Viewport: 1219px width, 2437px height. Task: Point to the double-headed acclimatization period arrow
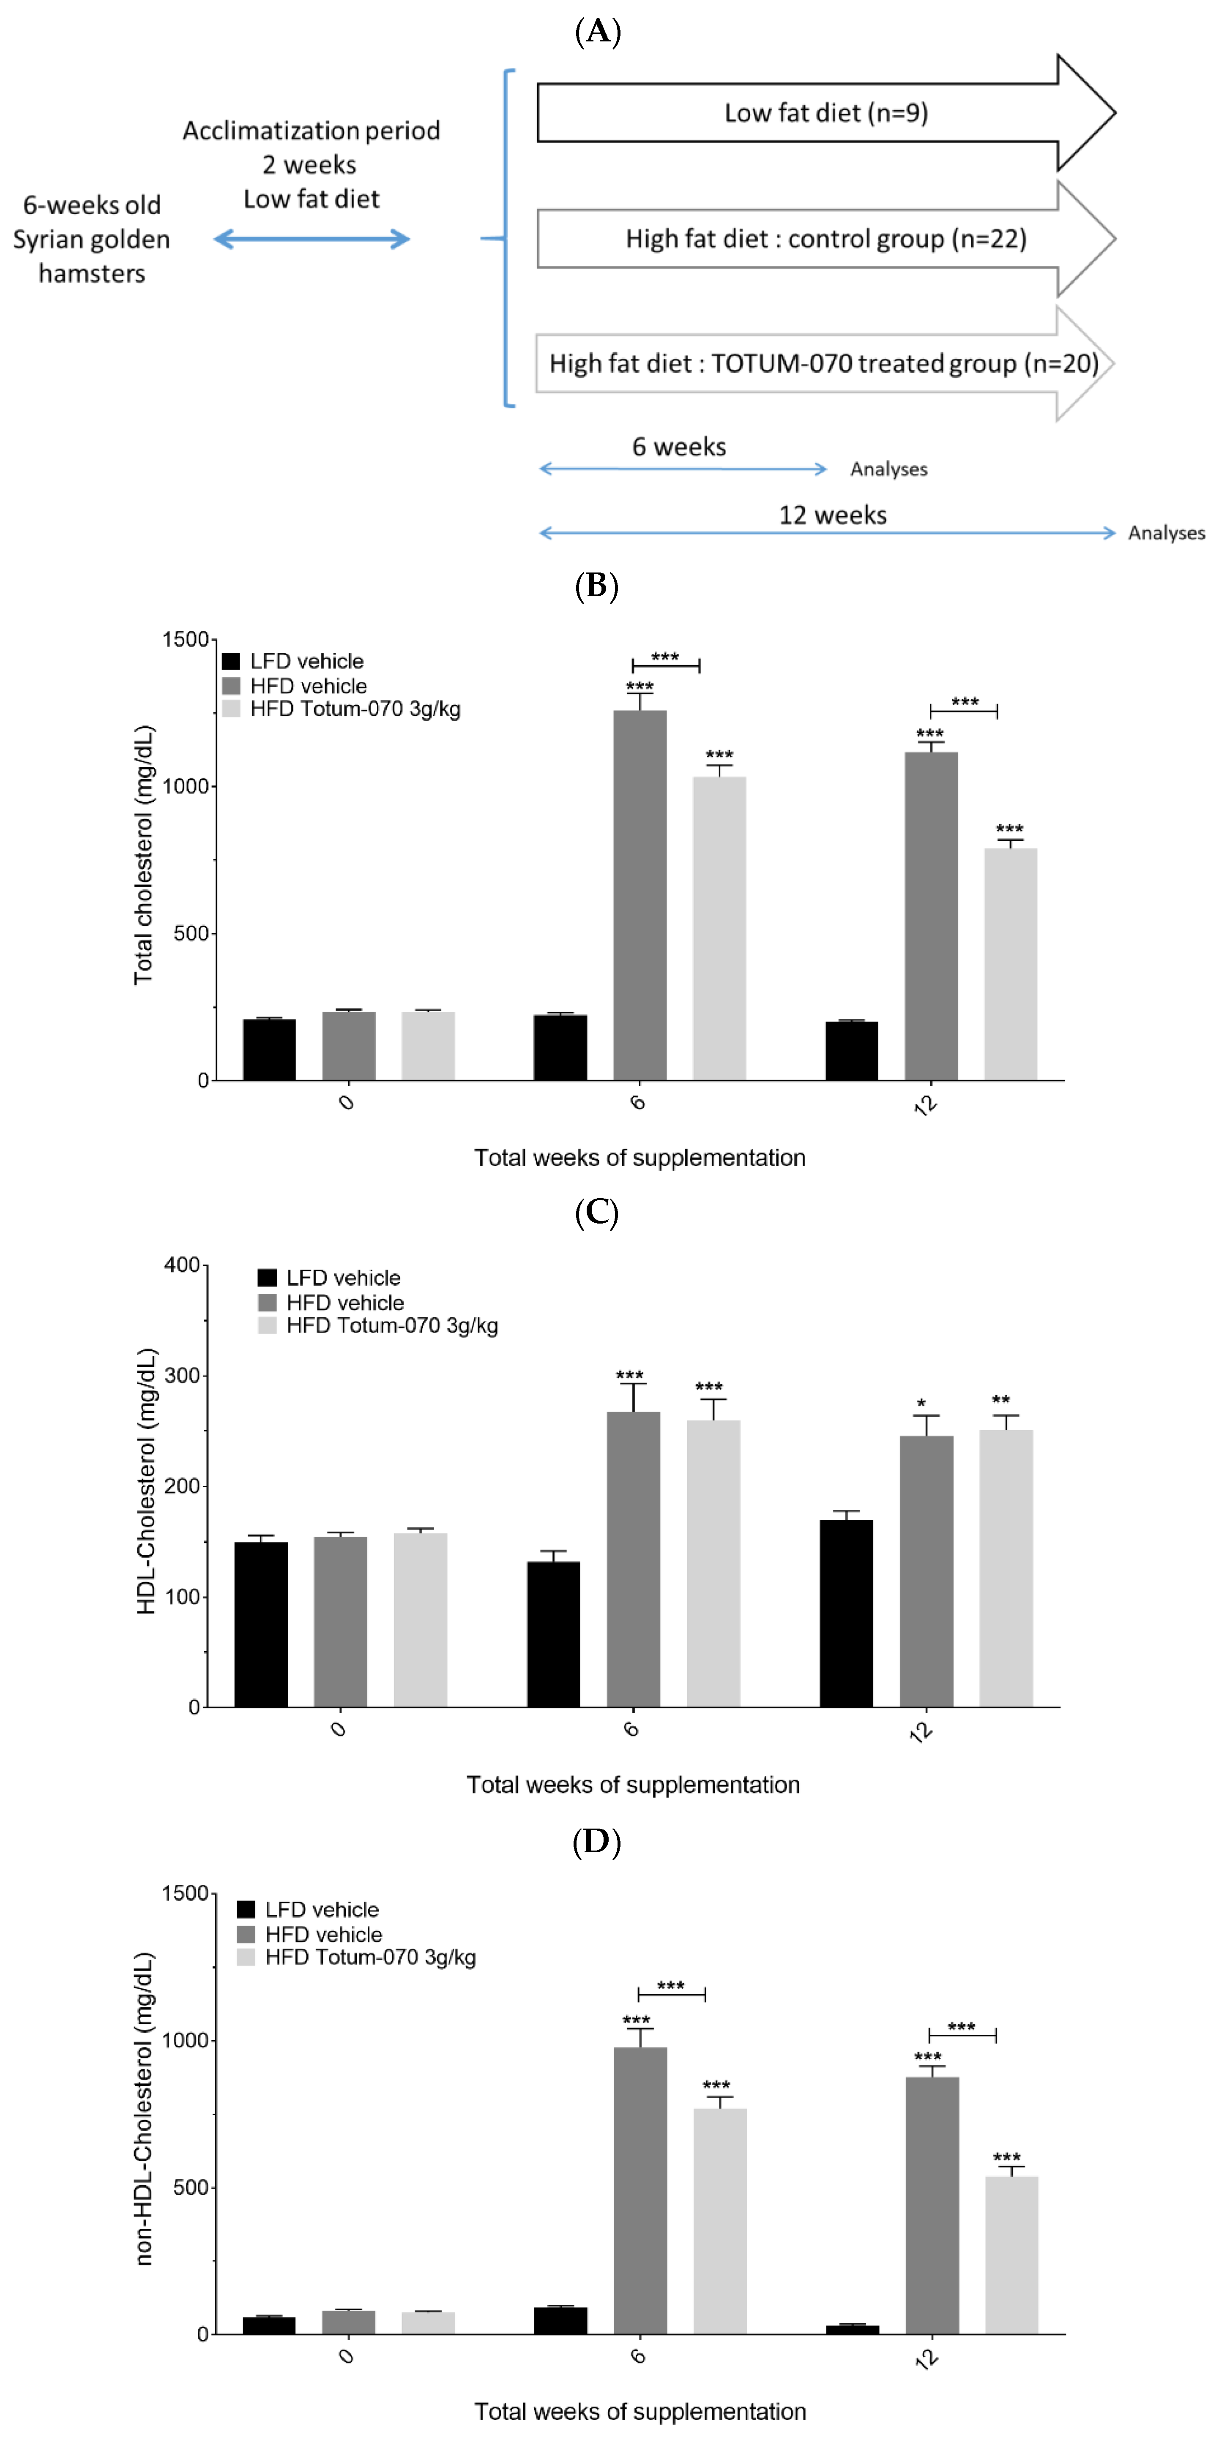pyautogui.click(x=312, y=239)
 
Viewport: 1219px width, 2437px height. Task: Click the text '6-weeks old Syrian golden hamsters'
pyautogui.click(x=92, y=239)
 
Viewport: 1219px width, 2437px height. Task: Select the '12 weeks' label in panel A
pyautogui.click(x=832, y=515)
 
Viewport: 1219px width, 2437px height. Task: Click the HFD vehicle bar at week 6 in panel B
pyautogui.click(x=640, y=894)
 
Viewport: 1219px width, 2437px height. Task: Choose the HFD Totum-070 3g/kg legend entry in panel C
pyautogui.click(x=379, y=1325)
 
